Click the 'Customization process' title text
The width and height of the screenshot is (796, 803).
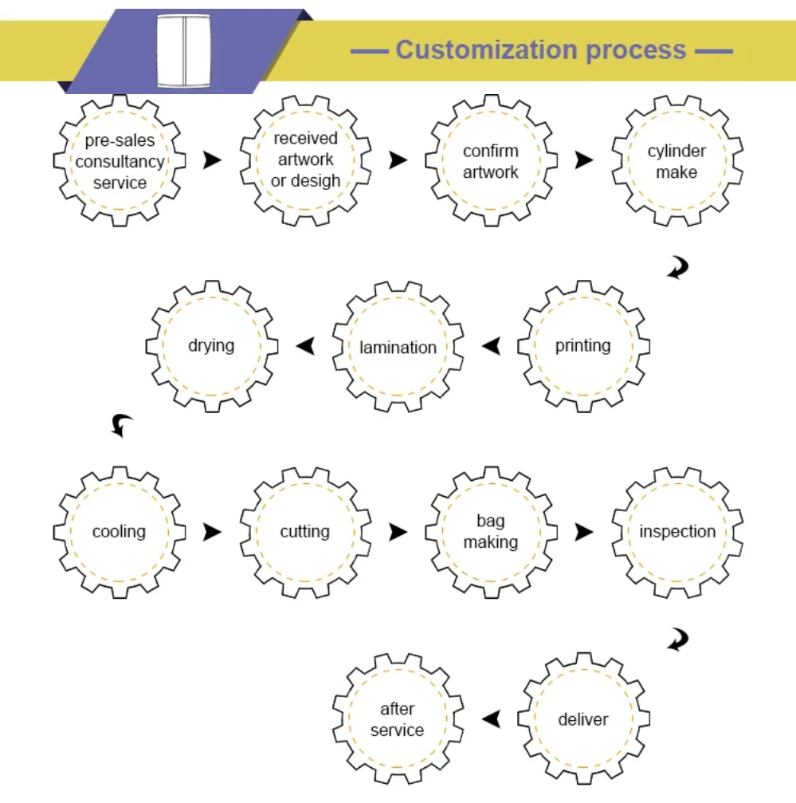click(x=541, y=50)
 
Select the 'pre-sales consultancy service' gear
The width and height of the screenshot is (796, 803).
click(x=120, y=161)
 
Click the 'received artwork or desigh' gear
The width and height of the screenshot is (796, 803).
click(x=305, y=160)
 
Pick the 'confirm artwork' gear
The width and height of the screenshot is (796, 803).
click(x=490, y=161)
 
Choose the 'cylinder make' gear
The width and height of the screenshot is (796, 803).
click(x=676, y=161)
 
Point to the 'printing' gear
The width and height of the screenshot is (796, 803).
click(x=583, y=346)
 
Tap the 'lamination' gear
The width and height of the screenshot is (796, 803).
click(x=398, y=347)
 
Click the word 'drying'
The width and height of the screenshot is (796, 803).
click(x=211, y=345)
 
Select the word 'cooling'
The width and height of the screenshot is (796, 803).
click(x=120, y=532)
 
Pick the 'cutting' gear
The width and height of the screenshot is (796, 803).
click(x=305, y=532)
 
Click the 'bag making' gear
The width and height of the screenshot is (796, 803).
click(x=490, y=532)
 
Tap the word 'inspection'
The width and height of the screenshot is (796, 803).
click(x=677, y=532)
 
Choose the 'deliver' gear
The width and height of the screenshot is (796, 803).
click(x=583, y=719)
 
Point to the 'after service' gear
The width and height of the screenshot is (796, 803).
click(x=397, y=719)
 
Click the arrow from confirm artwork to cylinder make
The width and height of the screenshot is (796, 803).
click(x=584, y=160)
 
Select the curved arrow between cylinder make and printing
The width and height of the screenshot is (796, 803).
click(x=678, y=268)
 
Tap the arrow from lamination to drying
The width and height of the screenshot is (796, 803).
click(x=304, y=346)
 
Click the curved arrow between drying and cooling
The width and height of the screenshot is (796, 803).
click(x=121, y=425)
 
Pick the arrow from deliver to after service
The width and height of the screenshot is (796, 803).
click(x=492, y=719)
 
